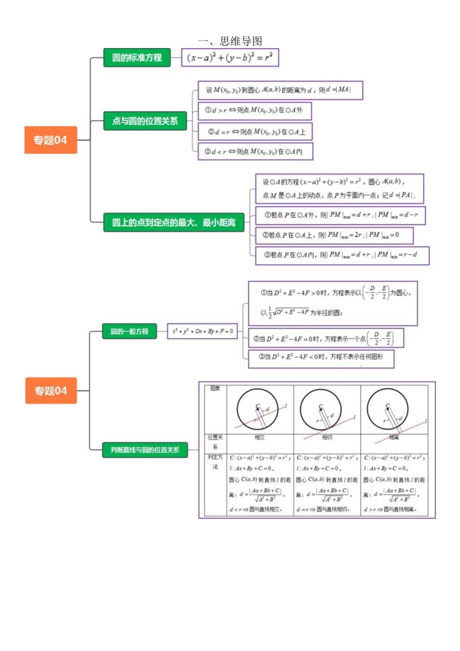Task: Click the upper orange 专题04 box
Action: pos(50,140)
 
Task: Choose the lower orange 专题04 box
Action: pos(50,390)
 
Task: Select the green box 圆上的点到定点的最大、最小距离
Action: pos(173,222)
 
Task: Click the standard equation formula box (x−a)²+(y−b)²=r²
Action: pos(229,58)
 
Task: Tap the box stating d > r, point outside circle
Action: pos(255,110)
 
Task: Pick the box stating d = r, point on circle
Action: pos(255,132)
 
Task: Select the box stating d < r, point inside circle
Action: pos(255,151)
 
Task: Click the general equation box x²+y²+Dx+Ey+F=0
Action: pos(203,331)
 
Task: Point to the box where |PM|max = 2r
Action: pos(334,235)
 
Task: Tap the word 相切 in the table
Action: pos(327,437)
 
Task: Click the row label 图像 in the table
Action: pos(215,388)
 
